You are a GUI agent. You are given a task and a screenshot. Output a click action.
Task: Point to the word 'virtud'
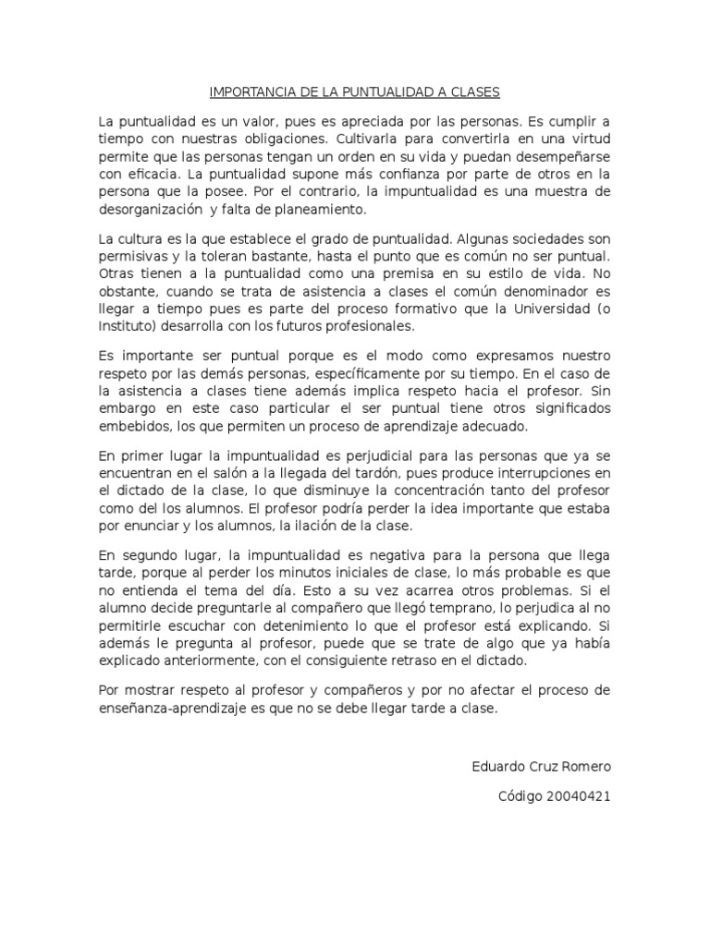tap(588, 139)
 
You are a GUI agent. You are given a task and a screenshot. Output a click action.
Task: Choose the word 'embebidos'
tap(132, 427)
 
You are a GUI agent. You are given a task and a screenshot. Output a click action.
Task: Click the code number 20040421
tap(579, 796)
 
